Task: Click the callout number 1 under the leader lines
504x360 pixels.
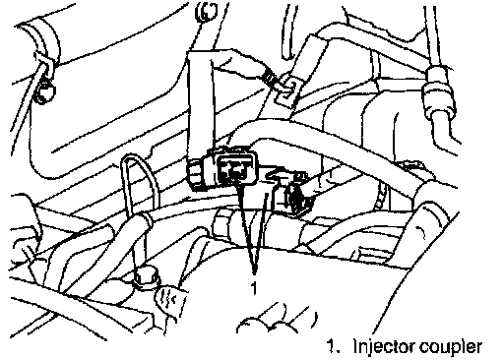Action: tap(253, 288)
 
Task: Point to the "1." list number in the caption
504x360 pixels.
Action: tap(334, 346)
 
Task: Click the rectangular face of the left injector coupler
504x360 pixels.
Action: tap(237, 168)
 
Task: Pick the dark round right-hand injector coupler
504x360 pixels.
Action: tap(296, 199)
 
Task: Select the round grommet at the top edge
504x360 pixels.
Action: tap(207, 11)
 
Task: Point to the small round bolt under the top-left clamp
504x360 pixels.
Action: tap(43, 91)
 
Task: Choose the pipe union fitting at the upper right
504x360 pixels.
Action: tap(438, 90)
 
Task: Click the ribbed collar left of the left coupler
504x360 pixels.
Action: tap(196, 174)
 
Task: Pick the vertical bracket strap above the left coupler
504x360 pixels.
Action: tap(199, 104)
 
